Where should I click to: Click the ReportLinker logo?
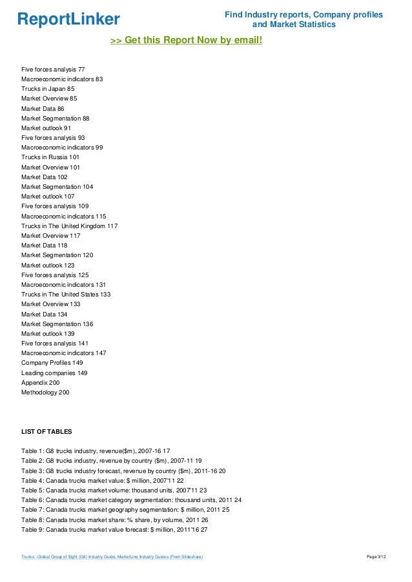point(68,19)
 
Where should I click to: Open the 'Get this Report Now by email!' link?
point(187,41)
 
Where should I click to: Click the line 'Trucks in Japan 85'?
point(48,89)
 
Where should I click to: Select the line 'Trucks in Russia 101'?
point(50,157)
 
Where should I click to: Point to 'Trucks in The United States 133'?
point(66,295)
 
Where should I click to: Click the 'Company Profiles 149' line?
point(52,363)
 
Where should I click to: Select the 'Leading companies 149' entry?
point(54,373)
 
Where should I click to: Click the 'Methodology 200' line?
point(45,393)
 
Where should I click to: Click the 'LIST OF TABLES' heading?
point(46,432)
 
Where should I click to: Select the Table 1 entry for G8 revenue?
point(96,451)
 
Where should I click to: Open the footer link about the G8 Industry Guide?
point(112,557)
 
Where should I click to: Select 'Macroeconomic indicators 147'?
point(63,353)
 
